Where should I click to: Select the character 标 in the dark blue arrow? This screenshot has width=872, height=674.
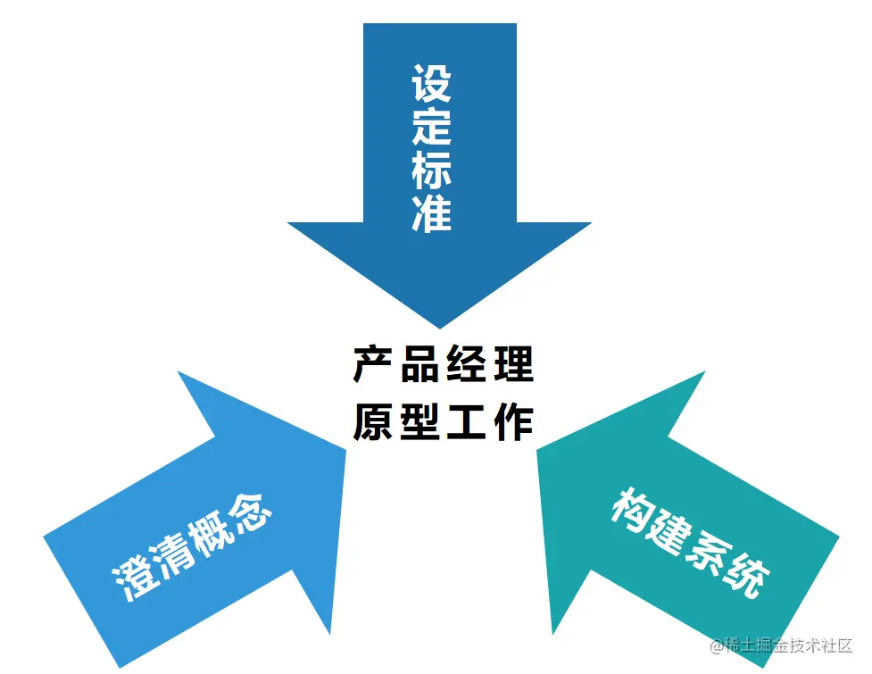click(431, 170)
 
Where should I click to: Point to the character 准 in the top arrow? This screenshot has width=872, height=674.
click(431, 212)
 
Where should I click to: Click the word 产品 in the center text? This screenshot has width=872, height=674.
click(396, 365)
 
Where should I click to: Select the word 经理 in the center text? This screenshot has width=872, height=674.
click(489, 365)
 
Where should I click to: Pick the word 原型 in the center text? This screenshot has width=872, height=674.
click(396, 421)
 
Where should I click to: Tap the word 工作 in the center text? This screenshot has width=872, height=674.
click(489, 421)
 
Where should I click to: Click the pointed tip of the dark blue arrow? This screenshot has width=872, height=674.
click(439, 325)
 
